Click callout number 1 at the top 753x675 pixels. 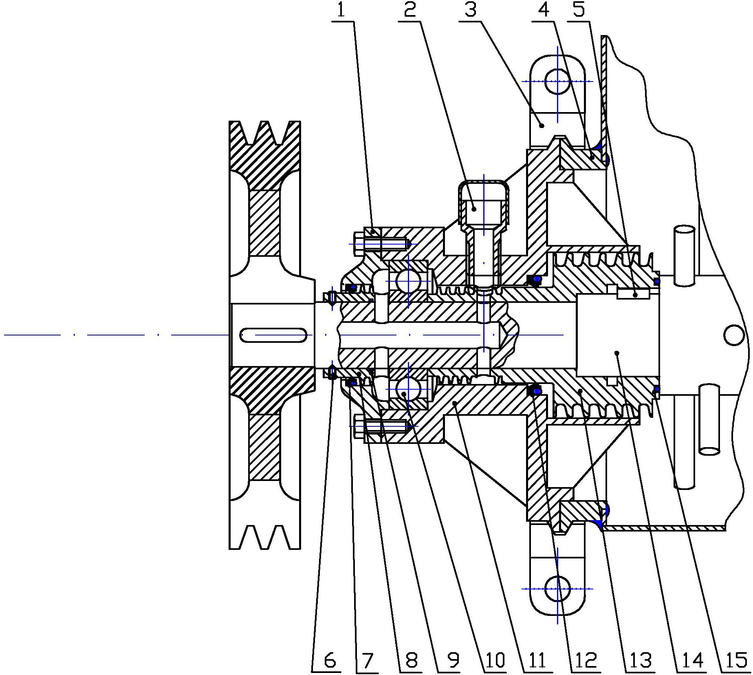pos(341,10)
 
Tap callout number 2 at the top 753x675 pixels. pos(410,10)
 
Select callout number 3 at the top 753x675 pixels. pos(471,10)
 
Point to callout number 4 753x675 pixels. pos(544,10)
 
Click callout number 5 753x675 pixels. pos(579,10)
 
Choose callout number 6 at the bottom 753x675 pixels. pos(330,660)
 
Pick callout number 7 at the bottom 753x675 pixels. pos(368,660)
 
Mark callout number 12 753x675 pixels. pos(586,660)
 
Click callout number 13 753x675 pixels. pos(641,660)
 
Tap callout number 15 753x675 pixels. pos(735,660)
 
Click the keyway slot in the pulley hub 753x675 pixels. pos(273,335)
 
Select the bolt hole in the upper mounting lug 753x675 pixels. pos(557,81)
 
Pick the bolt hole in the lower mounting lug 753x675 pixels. pos(557,588)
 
